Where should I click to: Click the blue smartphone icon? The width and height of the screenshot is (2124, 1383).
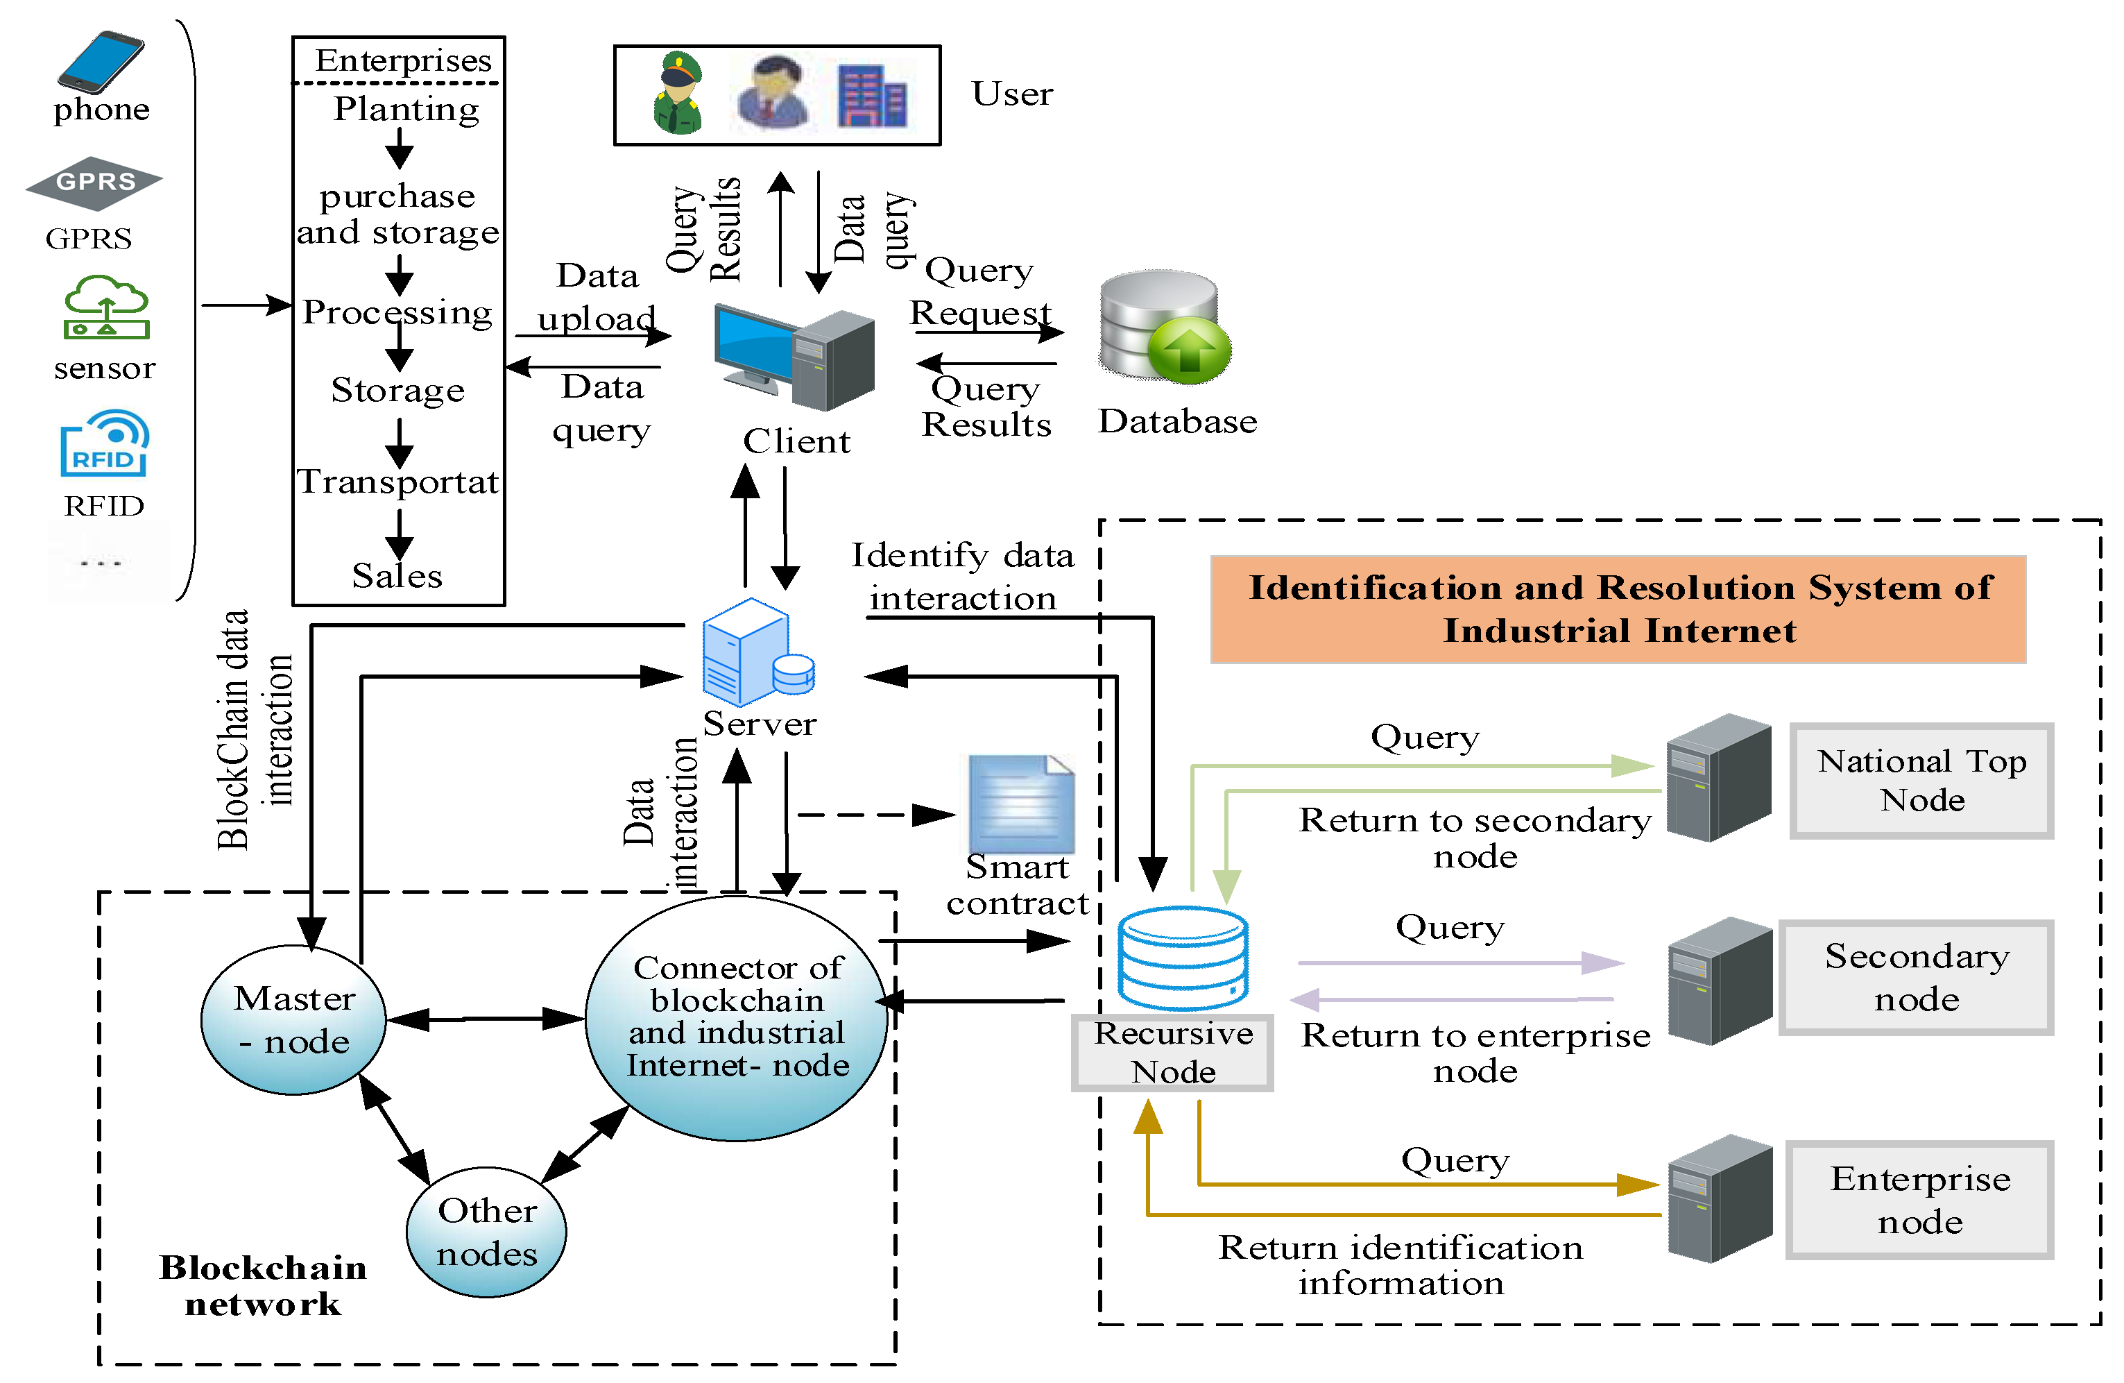[100, 62]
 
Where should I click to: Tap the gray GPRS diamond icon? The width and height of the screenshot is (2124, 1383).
[94, 182]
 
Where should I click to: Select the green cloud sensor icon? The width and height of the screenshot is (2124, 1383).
[106, 307]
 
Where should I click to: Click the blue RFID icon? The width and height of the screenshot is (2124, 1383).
[105, 443]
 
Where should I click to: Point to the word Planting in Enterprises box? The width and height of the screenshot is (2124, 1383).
[406, 109]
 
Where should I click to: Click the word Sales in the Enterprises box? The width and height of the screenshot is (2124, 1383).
[397, 576]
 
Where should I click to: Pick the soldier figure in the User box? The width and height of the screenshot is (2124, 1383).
[678, 93]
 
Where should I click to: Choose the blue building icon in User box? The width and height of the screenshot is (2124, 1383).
[872, 96]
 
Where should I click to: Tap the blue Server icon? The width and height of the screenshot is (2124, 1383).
[757, 654]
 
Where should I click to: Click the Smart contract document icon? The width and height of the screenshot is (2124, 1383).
[1021, 804]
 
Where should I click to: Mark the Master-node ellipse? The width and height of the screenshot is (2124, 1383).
[293, 1019]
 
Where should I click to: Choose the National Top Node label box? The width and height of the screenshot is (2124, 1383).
[1921, 781]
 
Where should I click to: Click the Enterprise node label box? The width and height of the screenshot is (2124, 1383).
[1919, 1199]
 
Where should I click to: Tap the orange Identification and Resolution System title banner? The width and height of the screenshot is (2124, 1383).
[1618, 609]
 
